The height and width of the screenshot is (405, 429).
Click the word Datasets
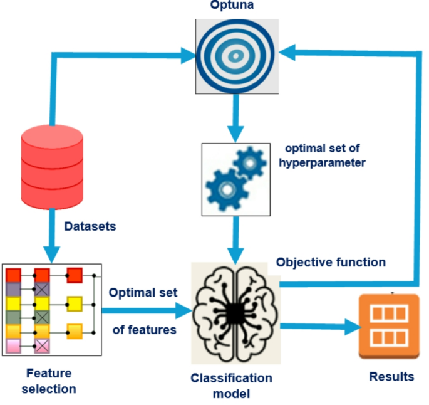90,226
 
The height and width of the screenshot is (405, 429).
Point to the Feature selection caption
49,381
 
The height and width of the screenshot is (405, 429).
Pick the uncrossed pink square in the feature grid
13,345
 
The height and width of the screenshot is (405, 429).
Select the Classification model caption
232,386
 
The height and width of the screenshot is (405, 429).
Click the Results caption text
391,376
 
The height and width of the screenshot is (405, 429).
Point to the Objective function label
331,261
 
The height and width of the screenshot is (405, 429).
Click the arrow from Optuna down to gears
235,119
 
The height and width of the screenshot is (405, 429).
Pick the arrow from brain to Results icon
319,327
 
